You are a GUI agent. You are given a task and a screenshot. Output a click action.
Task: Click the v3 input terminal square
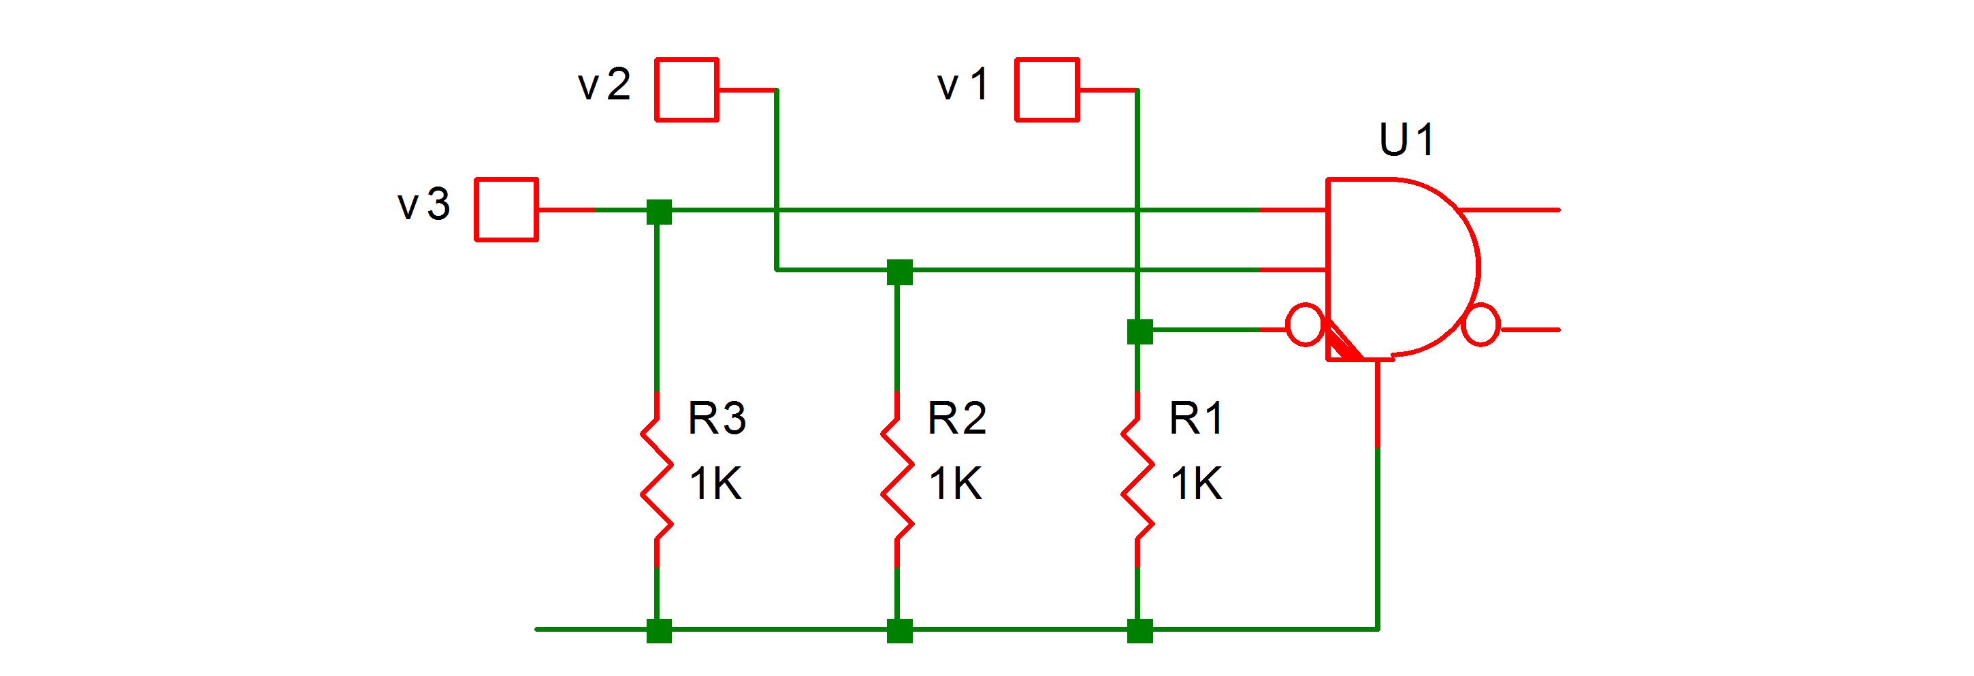[x=506, y=209]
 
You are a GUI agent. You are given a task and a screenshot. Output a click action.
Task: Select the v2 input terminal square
[x=687, y=90]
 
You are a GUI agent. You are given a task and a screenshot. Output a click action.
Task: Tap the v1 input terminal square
[x=1047, y=90]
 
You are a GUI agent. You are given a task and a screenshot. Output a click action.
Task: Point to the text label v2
[x=604, y=84]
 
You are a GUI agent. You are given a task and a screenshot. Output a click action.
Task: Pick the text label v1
[x=963, y=84]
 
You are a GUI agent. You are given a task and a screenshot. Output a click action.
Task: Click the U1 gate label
[x=1406, y=140]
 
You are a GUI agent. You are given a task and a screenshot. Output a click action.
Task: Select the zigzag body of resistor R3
[x=657, y=480]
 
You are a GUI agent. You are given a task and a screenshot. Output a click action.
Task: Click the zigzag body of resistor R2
[x=897, y=480]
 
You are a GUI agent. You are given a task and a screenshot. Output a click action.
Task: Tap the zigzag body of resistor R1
[x=1138, y=480]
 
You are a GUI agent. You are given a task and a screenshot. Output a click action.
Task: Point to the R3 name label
[x=717, y=419]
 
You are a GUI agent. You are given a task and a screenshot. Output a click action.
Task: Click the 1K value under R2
[x=956, y=483]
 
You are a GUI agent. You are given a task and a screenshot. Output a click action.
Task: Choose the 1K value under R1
[x=1196, y=483]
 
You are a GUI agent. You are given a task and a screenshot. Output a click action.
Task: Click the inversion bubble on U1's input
[x=1304, y=325]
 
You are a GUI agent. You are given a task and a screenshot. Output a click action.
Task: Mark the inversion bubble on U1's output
[x=1480, y=325]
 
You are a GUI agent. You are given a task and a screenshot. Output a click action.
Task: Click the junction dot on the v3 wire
[x=659, y=212]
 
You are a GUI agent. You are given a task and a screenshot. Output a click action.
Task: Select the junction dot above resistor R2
[x=900, y=272]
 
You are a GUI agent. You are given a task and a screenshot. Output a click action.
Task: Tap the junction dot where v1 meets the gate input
[x=1140, y=332]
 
